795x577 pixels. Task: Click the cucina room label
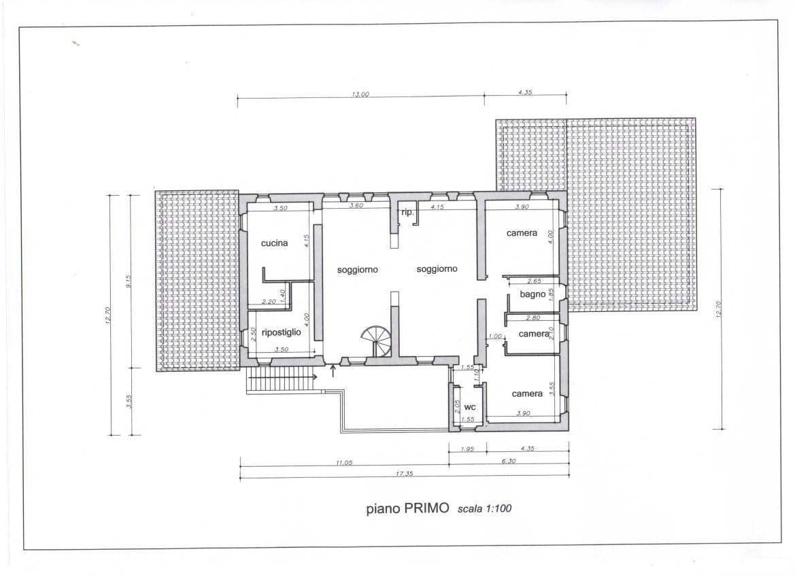coord(274,243)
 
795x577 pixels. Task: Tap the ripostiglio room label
coord(282,332)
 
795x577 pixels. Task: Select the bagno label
coord(532,294)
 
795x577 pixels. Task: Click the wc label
coord(470,407)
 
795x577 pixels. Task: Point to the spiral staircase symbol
coord(377,341)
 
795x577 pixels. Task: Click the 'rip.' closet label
coord(407,213)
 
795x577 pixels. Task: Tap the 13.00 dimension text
coord(360,94)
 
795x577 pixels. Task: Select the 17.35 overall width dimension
coord(404,474)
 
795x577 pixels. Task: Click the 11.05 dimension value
coord(343,463)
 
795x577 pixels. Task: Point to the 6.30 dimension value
coord(508,461)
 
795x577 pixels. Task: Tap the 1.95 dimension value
coord(467,449)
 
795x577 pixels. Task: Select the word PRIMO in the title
coord(426,508)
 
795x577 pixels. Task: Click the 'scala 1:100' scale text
coord(485,508)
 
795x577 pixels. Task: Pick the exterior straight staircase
coord(279,379)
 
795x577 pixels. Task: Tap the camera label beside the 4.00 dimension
coord(522,233)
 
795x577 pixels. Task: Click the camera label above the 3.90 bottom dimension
coord(527,394)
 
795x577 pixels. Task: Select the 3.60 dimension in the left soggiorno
coord(356,206)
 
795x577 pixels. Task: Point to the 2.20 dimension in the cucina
coord(269,302)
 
